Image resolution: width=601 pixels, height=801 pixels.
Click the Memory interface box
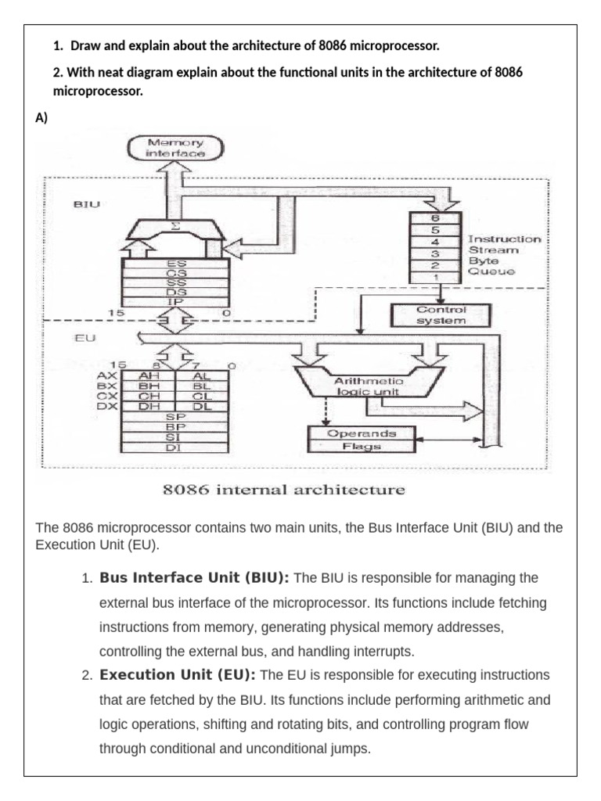click(175, 149)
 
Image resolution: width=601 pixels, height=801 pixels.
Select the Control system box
click(441, 314)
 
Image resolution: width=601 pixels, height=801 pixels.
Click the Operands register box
click(362, 433)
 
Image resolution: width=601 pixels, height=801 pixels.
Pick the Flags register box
click(362, 447)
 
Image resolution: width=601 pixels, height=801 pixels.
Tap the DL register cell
click(201, 406)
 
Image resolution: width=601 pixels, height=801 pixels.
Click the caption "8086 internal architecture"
click(283, 491)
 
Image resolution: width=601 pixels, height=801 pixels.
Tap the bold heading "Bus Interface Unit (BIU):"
click(194, 578)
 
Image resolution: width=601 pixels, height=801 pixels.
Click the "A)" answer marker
click(42, 117)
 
